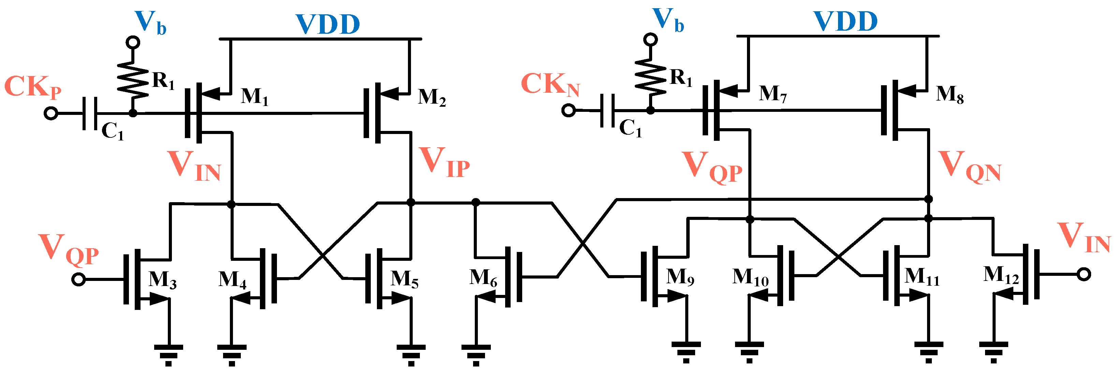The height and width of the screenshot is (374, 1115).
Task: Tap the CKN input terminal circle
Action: tap(568, 110)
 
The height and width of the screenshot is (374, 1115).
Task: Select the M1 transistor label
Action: tap(254, 97)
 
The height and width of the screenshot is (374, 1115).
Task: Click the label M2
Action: tap(431, 98)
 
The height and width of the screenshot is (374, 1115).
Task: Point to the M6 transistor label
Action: tap(483, 278)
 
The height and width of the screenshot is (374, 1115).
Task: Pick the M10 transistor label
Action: tap(750, 278)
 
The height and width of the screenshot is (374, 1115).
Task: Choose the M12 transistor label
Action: tap(1001, 275)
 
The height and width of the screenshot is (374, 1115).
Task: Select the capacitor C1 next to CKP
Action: tap(90, 114)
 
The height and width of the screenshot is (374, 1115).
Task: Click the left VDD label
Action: tap(328, 24)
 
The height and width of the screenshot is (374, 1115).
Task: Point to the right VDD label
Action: tap(845, 21)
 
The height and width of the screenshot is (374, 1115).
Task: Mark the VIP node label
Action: tap(444, 163)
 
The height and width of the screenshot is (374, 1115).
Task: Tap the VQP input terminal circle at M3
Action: tap(78, 279)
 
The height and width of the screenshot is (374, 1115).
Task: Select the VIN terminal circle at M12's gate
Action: tap(1083, 274)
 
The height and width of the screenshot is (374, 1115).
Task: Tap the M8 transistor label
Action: tap(950, 94)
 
